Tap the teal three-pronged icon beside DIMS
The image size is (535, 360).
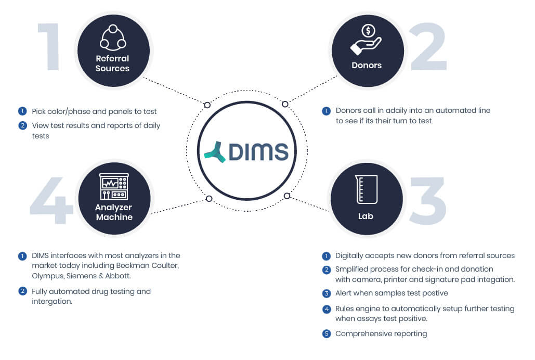click(215, 151)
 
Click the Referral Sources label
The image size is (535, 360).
click(112, 63)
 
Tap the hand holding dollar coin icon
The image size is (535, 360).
click(366, 40)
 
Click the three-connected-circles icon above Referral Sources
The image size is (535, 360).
click(113, 37)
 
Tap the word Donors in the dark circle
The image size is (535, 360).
click(367, 66)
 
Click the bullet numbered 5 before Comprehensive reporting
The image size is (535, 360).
click(327, 333)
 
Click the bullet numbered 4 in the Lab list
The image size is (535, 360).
click(327, 309)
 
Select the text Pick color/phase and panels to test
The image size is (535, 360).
click(94, 111)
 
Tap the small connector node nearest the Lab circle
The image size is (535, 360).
click(286, 196)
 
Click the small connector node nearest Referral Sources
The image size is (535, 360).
click(207, 105)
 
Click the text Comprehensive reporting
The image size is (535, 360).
click(381, 333)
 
